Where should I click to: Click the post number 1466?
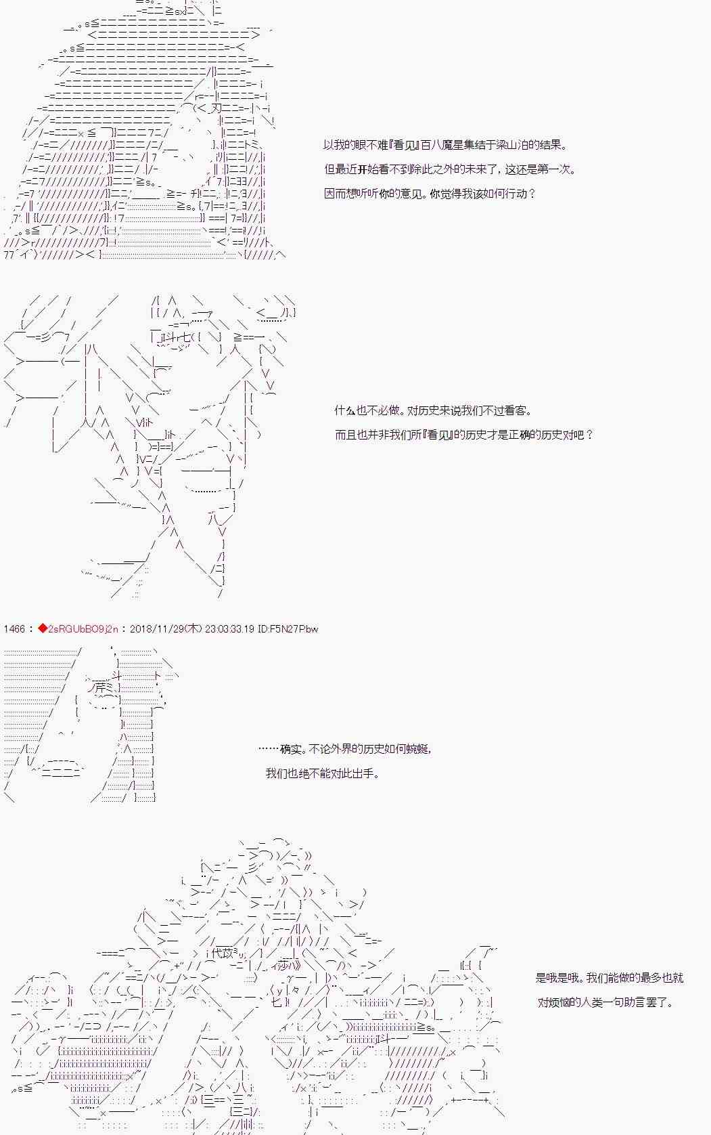click(x=14, y=629)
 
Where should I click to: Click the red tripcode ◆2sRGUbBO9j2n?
click(x=78, y=629)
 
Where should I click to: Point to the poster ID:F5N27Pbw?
click(x=288, y=629)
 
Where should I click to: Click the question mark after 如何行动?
click(x=531, y=194)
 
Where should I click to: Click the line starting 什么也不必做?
click(x=433, y=410)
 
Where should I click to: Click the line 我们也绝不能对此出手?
click(x=322, y=773)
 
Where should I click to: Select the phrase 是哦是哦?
click(x=557, y=978)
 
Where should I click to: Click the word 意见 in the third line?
click(x=412, y=194)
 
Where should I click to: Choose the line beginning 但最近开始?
click(x=450, y=169)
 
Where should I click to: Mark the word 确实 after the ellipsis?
click(x=291, y=749)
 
